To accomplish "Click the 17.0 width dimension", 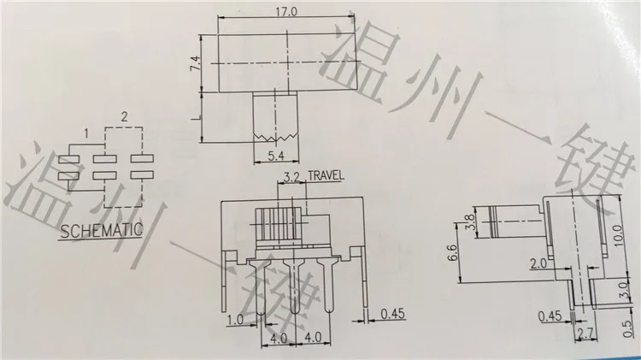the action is pyautogui.click(x=286, y=11).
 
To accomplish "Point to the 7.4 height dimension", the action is pyautogui.click(x=196, y=64).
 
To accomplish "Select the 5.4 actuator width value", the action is pyautogui.click(x=276, y=156).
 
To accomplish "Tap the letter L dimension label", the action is pyautogui.click(x=197, y=118).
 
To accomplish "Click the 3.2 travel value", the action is pyautogui.click(x=292, y=177).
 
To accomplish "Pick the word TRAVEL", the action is pyautogui.click(x=326, y=176).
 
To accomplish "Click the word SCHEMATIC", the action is pyautogui.click(x=102, y=231).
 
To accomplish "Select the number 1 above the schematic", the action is pyautogui.click(x=86, y=133).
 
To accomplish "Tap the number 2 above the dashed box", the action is pyautogui.click(x=124, y=117).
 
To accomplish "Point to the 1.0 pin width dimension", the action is pyautogui.click(x=235, y=319).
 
